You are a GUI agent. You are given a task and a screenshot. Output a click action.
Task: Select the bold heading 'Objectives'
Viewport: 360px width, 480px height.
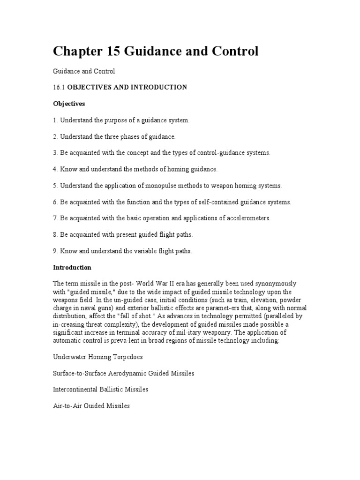(68, 104)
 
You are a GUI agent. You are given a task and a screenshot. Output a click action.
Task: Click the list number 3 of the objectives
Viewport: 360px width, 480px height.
(55, 153)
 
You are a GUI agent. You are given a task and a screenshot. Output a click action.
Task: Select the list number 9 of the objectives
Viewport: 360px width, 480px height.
(55, 251)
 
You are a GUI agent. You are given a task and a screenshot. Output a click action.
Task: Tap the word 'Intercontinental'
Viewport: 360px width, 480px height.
(75, 390)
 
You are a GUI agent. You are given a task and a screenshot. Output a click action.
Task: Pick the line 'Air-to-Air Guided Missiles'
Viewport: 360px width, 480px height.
(91, 406)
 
